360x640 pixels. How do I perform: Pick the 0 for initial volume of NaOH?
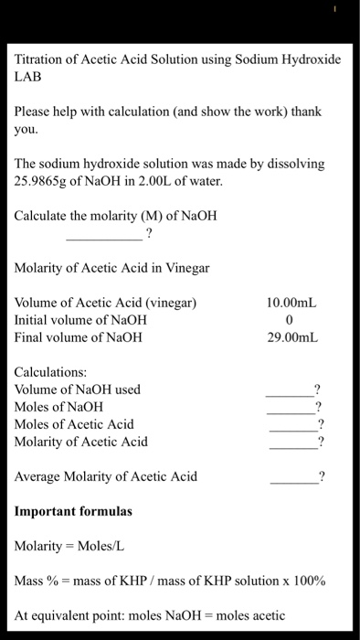pyautogui.click(x=289, y=320)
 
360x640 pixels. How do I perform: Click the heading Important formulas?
pyautogui.click(x=73, y=511)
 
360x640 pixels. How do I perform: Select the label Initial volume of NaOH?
pyautogui.click(x=80, y=320)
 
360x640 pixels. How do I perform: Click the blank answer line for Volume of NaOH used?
pyautogui.click(x=289, y=395)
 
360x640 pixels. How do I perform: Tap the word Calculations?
pyautogui.click(x=51, y=372)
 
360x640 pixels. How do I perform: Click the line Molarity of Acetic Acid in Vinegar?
pyautogui.click(x=112, y=268)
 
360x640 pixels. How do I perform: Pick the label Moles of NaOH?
pyautogui.click(x=59, y=407)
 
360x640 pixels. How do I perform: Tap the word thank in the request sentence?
pyautogui.click(x=305, y=112)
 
